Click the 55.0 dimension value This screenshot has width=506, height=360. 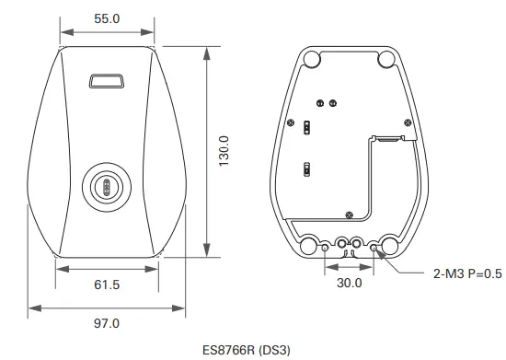click(x=107, y=18)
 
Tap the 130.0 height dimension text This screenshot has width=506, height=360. click(x=224, y=151)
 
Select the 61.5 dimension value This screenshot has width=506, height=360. click(x=107, y=285)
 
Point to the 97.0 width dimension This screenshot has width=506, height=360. click(x=107, y=323)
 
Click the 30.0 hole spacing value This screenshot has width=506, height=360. click(x=350, y=284)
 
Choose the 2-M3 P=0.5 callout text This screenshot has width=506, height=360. click(x=467, y=273)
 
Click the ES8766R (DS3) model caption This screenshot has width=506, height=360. click(x=247, y=350)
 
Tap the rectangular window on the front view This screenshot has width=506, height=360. click(x=107, y=81)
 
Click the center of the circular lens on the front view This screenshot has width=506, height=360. click(x=107, y=187)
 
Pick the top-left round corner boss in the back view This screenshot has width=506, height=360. click(x=312, y=59)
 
